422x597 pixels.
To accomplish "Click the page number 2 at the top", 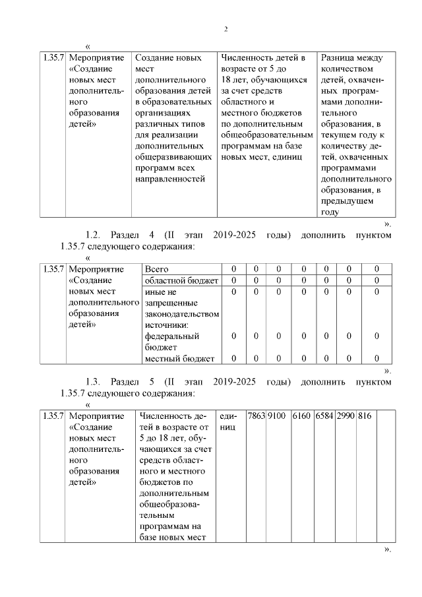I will point(226,29).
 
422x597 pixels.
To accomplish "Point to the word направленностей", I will point(169,178).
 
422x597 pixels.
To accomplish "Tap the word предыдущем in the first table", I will point(347,201).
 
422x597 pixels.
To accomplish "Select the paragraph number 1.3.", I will point(94,381).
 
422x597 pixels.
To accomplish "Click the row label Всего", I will point(157,269).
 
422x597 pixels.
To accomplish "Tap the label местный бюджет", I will point(179,358).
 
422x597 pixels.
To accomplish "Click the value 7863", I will point(255,416).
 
